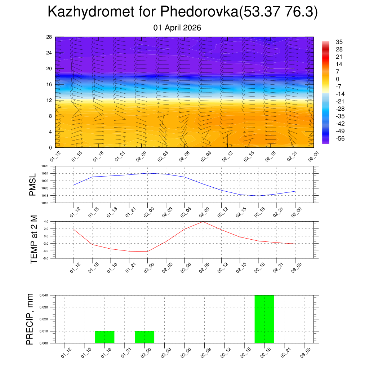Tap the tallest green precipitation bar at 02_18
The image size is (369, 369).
click(x=264, y=319)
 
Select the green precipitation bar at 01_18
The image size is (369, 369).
click(x=105, y=337)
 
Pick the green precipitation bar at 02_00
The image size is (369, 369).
click(x=145, y=337)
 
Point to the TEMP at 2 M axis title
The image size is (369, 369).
click(x=34, y=240)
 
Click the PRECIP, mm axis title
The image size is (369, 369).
click(x=30, y=319)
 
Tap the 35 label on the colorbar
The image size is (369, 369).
click(x=339, y=42)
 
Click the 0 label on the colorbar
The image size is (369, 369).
click(x=337, y=79)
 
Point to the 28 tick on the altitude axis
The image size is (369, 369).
click(x=49, y=37)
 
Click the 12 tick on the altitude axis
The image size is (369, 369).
click(x=49, y=100)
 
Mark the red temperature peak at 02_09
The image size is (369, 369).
click(x=203, y=222)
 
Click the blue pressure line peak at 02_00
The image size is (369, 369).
click(x=148, y=173)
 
